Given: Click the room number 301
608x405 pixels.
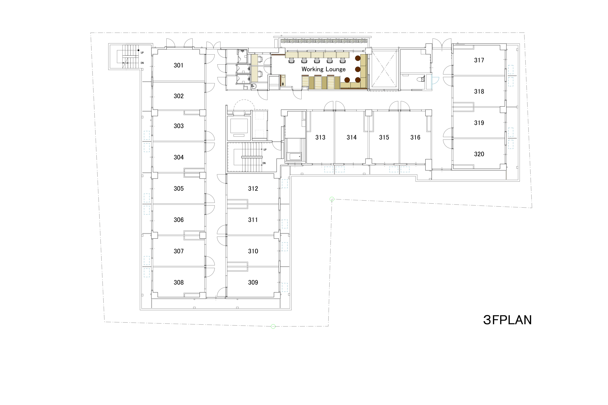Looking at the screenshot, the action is pyautogui.click(x=179, y=65).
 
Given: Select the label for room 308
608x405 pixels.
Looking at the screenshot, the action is pyautogui.click(x=179, y=282).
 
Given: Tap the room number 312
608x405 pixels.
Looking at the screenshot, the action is pyautogui.click(x=253, y=189).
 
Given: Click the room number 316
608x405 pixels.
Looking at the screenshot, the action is pyautogui.click(x=415, y=137).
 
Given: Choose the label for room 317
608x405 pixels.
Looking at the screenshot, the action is pyautogui.click(x=479, y=60).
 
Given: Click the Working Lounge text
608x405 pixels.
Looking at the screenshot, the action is pyautogui.click(x=323, y=69).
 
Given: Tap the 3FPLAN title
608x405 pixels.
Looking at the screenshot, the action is pyautogui.click(x=507, y=320).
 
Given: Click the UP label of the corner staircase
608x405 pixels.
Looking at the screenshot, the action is pyautogui.click(x=142, y=53).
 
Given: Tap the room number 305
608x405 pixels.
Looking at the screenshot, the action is pyautogui.click(x=179, y=189).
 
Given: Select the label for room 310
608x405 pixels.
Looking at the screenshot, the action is pyautogui.click(x=253, y=251).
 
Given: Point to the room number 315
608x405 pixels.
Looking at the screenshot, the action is pyautogui.click(x=384, y=137).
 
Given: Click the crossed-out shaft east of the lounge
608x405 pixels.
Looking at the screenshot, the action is pyautogui.click(x=384, y=69).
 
